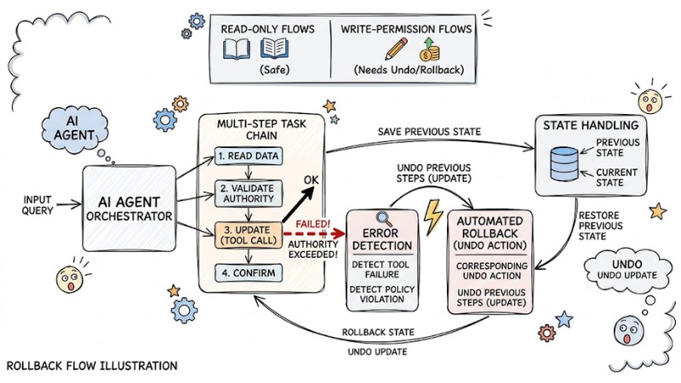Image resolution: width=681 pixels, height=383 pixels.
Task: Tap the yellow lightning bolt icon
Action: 433,218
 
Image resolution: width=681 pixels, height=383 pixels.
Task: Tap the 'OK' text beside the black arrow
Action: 314,180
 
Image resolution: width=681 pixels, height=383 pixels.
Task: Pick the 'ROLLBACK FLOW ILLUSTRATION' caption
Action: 92,366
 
